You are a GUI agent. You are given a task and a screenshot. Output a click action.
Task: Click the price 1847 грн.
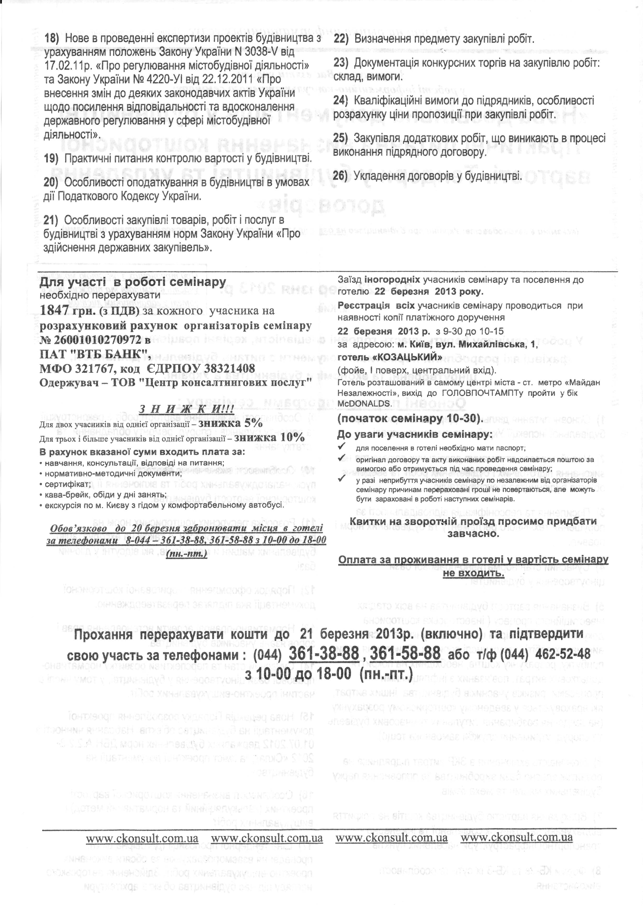click(69, 310)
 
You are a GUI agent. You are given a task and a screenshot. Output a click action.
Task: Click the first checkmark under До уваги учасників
click(342, 447)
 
